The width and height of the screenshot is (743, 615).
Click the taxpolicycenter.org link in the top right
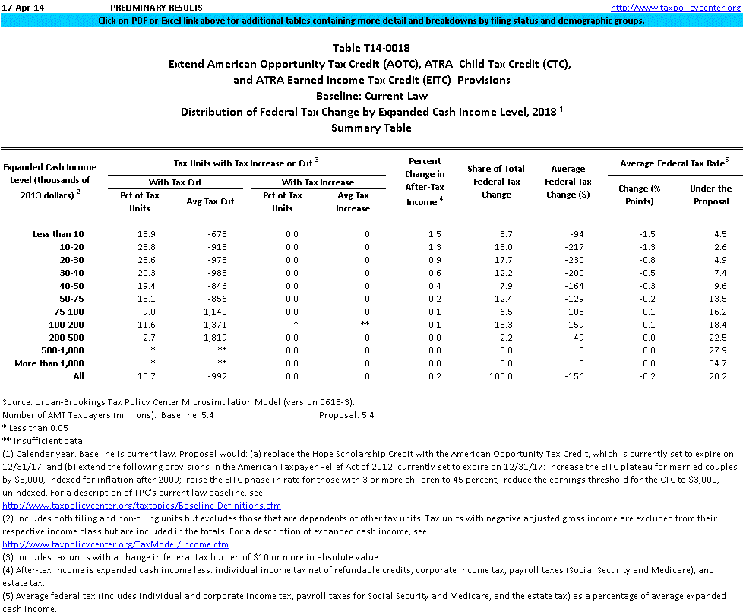click(x=675, y=8)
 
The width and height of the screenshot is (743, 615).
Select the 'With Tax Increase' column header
click(x=318, y=182)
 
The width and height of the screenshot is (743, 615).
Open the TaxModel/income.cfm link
click(x=115, y=544)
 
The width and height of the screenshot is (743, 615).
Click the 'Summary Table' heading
click(x=371, y=128)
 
